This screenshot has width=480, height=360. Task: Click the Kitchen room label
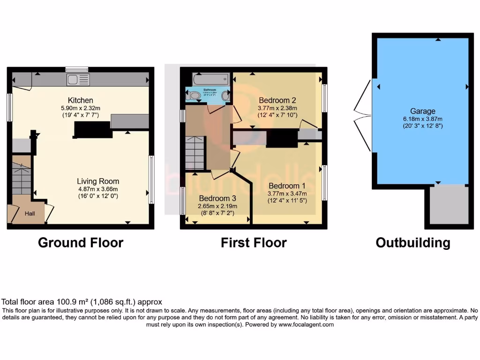[81, 100]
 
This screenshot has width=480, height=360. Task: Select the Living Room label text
[98, 181]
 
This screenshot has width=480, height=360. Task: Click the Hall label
[30, 214]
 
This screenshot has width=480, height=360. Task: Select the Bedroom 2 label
[277, 100]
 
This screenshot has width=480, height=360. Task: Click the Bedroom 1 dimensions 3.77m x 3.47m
[287, 193]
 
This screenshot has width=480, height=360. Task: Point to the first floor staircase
[195, 152]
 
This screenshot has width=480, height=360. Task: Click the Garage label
[423, 111]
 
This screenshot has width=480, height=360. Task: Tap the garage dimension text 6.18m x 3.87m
[423, 119]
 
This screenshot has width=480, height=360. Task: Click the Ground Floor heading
[81, 243]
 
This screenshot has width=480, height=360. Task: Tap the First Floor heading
[254, 243]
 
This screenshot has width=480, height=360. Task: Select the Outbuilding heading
[413, 243]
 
